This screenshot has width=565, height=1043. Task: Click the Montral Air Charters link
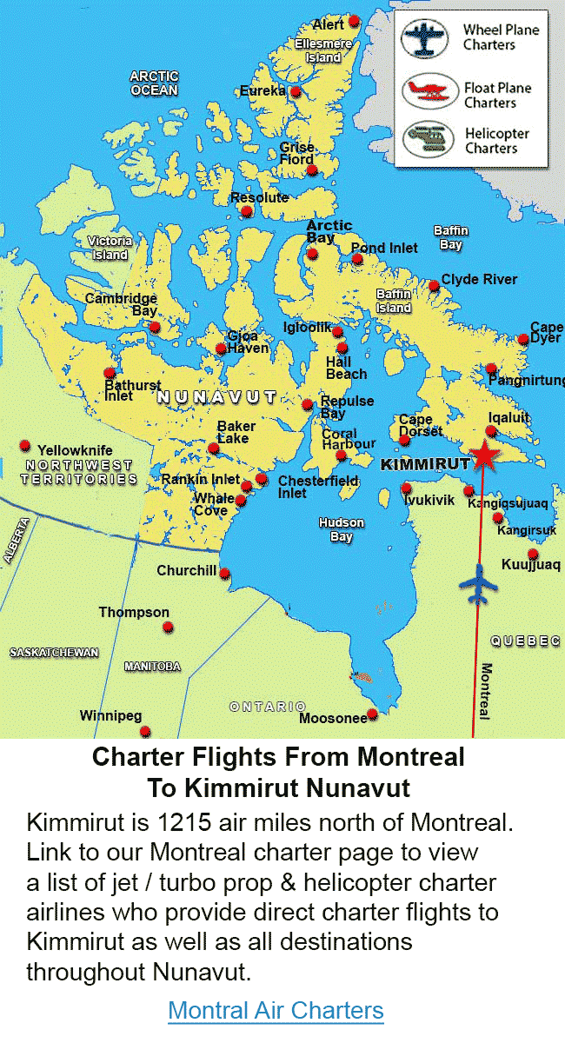(x=276, y=1011)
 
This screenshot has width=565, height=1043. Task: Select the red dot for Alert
(x=354, y=21)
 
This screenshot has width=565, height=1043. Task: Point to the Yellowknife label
(x=75, y=450)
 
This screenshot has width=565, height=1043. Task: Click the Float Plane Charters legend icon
(x=429, y=90)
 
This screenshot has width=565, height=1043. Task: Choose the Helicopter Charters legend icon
(x=429, y=139)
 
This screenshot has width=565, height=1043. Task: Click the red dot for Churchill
(x=224, y=574)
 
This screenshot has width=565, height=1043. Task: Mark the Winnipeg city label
(x=110, y=716)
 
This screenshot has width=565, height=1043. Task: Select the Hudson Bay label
(x=341, y=529)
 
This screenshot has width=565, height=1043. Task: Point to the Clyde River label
(x=479, y=279)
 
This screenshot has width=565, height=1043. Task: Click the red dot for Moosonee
(x=372, y=714)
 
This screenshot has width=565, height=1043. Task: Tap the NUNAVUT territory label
(x=216, y=397)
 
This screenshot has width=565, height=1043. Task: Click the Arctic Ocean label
(x=154, y=83)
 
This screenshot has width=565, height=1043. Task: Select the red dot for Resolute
(x=247, y=211)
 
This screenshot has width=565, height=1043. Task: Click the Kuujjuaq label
(x=530, y=565)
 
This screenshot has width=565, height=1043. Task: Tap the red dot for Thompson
(x=168, y=627)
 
